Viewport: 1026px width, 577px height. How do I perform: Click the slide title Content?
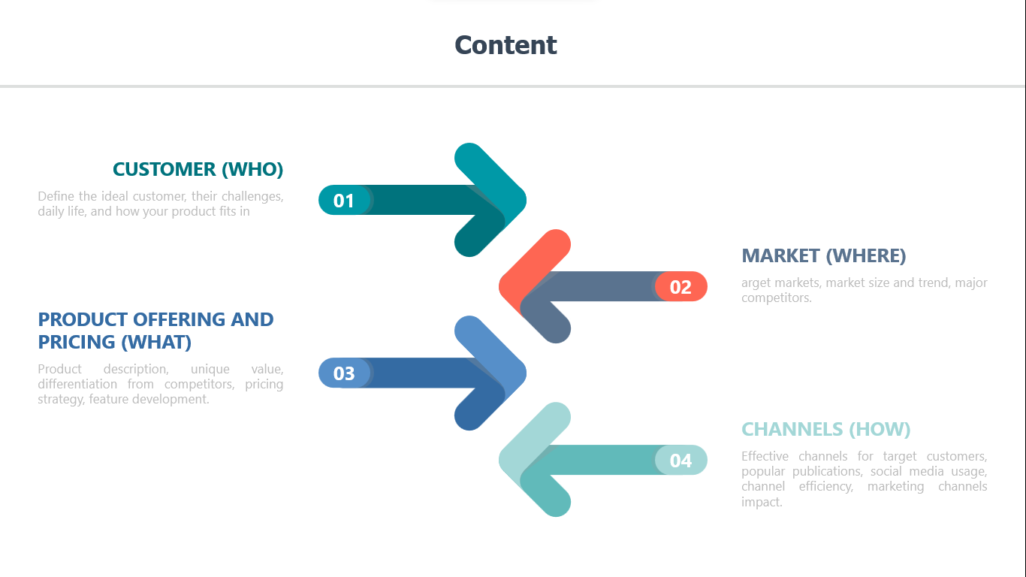coord(505,45)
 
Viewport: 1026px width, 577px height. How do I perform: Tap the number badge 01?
coord(344,201)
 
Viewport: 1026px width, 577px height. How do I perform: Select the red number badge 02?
coord(681,286)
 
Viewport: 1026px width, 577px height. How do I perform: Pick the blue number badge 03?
coord(344,373)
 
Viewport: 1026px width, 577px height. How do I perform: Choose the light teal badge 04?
coord(681,460)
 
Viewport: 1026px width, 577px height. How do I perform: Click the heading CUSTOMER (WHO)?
coord(198,169)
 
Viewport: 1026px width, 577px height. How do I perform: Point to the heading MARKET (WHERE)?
coord(823,255)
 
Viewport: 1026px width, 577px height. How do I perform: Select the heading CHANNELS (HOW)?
coord(826,430)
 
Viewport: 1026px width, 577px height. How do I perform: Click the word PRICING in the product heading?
coord(77,342)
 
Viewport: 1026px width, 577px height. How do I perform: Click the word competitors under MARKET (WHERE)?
coord(777,298)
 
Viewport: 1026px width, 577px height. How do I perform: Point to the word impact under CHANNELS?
coord(762,502)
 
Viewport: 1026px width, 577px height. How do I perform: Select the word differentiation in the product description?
coord(77,384)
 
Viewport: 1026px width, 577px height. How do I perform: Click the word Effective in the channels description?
coord(765,456)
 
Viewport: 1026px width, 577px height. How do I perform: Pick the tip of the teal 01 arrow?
coord(527,201)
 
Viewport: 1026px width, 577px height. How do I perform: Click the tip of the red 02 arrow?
coord(499,286)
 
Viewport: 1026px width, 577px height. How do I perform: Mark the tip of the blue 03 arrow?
coord(527,373)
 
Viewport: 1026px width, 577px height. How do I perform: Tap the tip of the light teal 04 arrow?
coord(499,460)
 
